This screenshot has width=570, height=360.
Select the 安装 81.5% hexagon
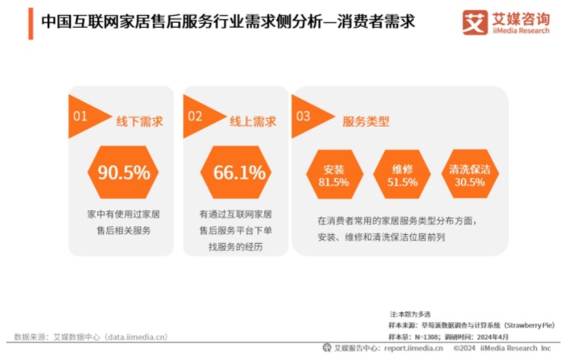click(x=333, y=175)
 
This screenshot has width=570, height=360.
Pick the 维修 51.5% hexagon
click(x=403, y=175)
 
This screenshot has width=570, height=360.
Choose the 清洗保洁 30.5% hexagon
click(x=469, y=175)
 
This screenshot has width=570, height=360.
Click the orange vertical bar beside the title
click(x=31, y=23)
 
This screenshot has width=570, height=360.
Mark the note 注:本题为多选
click(x=411, y=314)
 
